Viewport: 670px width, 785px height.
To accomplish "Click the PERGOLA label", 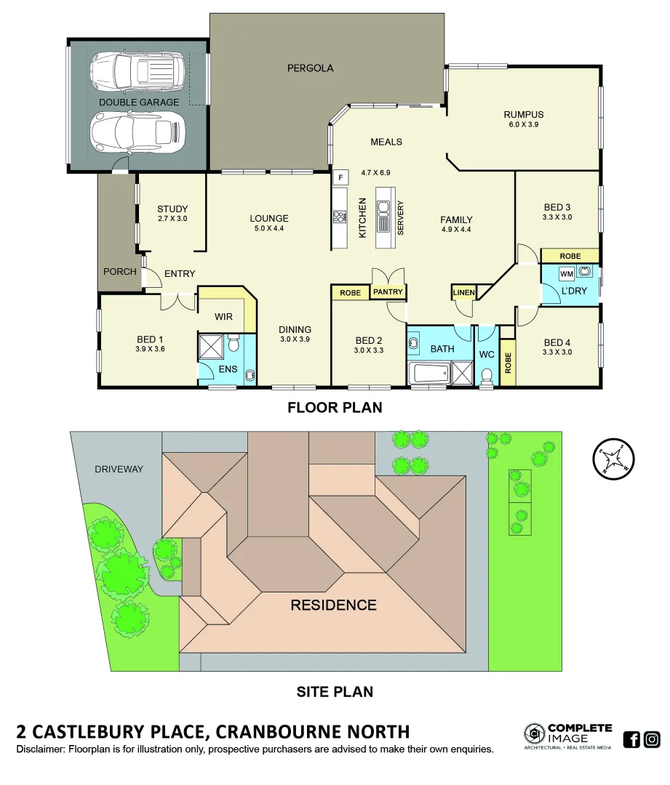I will (310, 68).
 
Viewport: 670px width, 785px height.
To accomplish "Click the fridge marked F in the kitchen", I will (339, 177).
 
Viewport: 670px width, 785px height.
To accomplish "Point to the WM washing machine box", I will (567, 273).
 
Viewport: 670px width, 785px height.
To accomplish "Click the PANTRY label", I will (388, 292).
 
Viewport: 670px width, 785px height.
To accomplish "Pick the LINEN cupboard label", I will (463, 293).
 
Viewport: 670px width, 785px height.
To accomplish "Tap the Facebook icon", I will (631, 739).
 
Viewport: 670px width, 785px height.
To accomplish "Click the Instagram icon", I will (652, 739).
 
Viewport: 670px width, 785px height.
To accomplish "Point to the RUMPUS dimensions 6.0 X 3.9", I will (523, 124).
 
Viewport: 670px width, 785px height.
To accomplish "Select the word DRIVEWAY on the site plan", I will (119, 469).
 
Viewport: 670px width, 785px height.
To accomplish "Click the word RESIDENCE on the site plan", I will (333, 605).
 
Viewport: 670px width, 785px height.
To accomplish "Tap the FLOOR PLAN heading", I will (335, 407).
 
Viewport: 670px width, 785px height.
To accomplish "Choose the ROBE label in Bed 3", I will (570, 257).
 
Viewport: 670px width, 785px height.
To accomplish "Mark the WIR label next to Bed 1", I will (223, 318).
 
